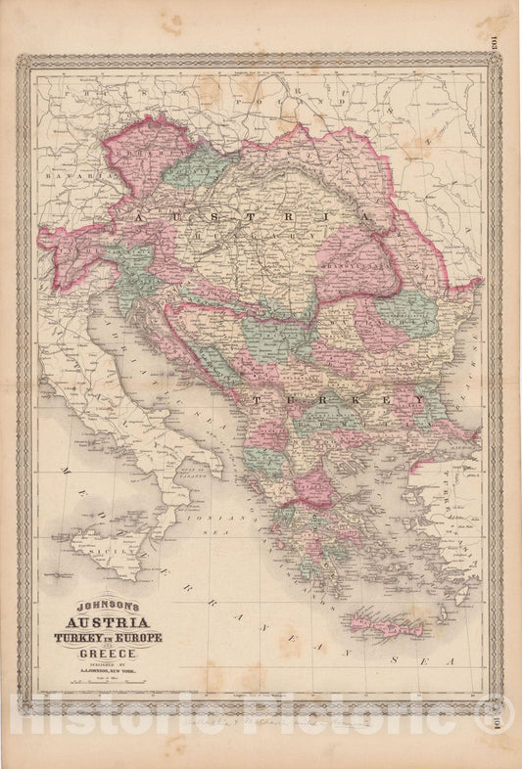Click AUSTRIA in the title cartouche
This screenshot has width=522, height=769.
coord(107,622)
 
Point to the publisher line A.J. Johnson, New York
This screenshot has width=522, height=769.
coord(107,674)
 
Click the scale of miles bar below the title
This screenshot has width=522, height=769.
coord(107,687)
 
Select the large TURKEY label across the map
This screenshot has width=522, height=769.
coord(338,401)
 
